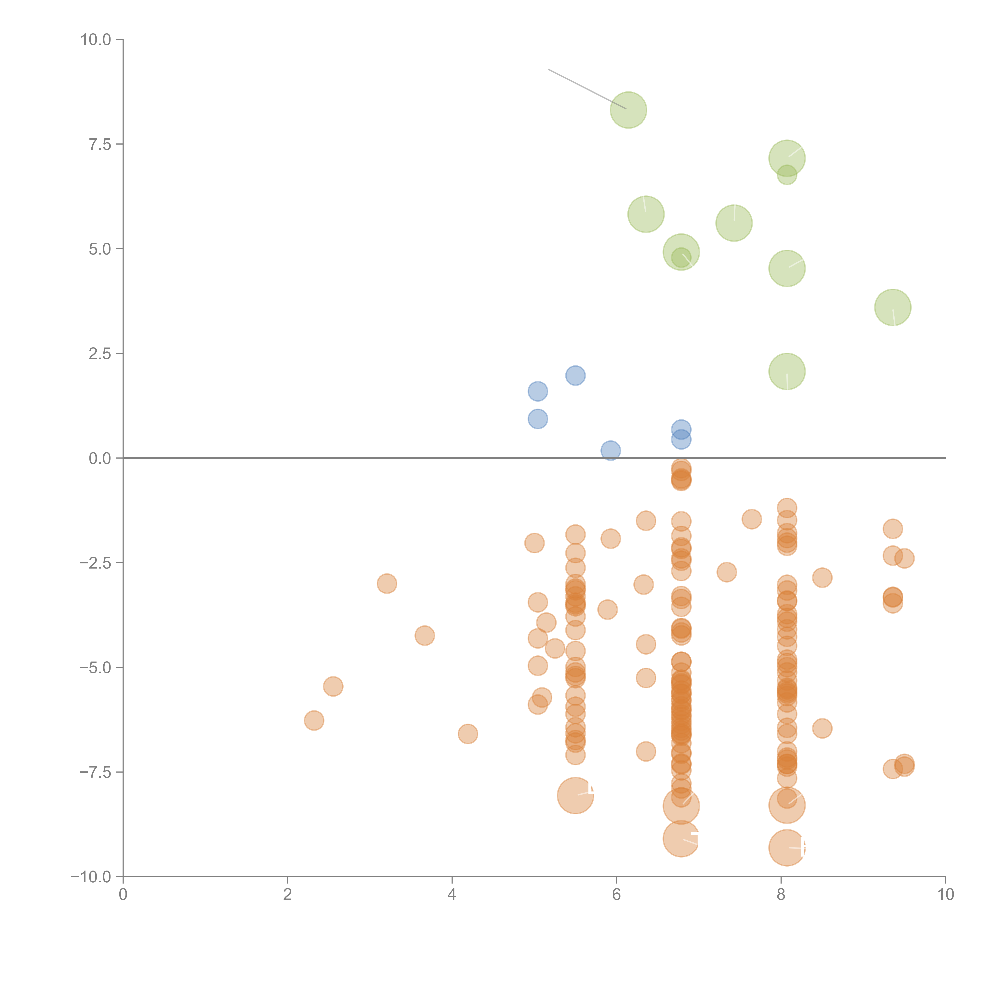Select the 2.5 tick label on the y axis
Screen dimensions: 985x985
100,354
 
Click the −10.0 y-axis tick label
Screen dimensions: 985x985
91,877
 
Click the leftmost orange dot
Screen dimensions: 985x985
314,720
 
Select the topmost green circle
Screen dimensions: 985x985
629,110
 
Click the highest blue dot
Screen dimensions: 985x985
575,376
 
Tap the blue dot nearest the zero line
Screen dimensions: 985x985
610,451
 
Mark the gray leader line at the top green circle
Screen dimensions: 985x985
586,89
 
